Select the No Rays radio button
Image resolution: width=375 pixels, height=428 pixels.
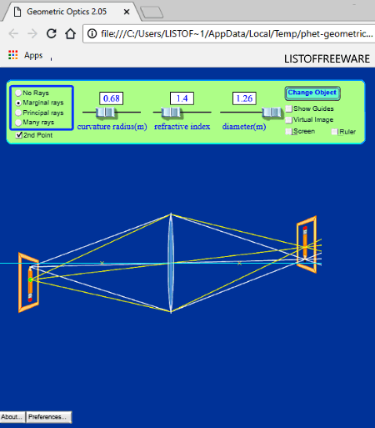(x=18, y=93)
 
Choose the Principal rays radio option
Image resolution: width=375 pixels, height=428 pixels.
(x=18, y=113)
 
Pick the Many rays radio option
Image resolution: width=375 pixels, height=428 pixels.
(x=18, y=123)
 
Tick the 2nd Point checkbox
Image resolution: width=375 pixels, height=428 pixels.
(x=19, y=135)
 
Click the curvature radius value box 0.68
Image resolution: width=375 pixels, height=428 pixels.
(x=112, y=98)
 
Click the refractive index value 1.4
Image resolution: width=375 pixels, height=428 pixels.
(x=182, y=98)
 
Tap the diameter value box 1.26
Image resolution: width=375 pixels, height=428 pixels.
(x=244, y=98)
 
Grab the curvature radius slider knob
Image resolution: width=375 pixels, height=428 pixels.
(x=106, y=113)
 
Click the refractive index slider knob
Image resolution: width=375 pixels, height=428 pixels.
(x=171, y=113)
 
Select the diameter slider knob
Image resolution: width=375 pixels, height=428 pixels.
(x=272, y=113)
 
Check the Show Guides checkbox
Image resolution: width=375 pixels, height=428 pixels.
(x=289, y=108)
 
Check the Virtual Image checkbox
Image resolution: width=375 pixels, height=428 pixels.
(x=289, y=120)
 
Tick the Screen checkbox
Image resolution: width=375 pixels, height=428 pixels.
(x=289, y=132)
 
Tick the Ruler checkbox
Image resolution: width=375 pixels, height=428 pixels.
(x=334, y=132)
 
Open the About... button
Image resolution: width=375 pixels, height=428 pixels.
(x=12, y=417)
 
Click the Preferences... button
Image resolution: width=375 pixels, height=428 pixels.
(x=48, y=417)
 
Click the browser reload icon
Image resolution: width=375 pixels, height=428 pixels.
(x=52, y=33)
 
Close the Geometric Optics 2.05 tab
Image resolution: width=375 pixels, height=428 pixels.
(x=127, y=12)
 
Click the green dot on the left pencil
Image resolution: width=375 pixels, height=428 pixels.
(x=30, y=279)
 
